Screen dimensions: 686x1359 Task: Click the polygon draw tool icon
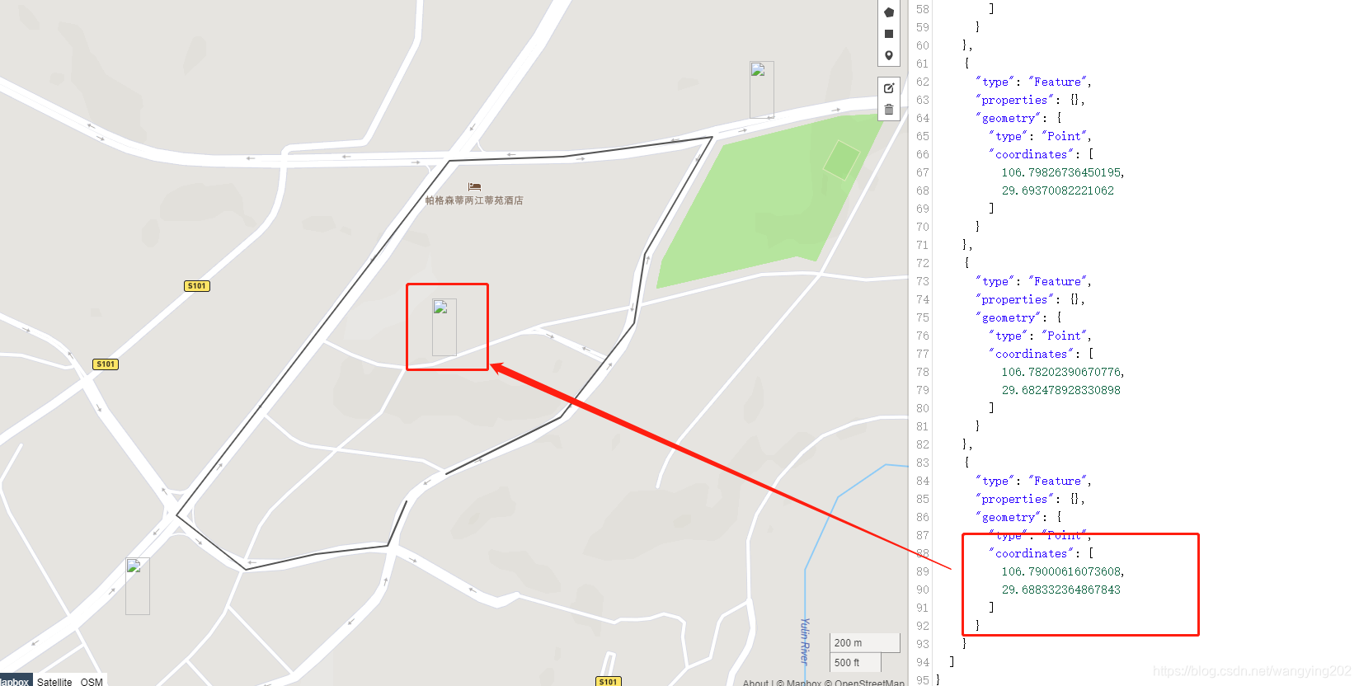(889, 12)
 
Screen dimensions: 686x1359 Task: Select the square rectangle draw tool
(889, 34)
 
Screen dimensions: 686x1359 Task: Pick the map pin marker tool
(889, 56)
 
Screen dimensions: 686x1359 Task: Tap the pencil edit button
(889, 88)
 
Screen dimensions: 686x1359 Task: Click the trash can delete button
(889, 110)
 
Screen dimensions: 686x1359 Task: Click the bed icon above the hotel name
(474, 187)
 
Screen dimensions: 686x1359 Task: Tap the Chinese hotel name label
(474, 200)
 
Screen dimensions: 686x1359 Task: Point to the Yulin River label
(805, 641)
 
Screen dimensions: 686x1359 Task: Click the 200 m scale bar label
(849, 643)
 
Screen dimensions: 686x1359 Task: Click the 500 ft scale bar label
(847, 663)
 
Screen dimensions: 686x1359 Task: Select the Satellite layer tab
(54, 682)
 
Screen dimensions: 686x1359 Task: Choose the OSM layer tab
(92, 682)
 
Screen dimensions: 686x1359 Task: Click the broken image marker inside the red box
(444, 327)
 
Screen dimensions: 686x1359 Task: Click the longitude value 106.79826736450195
(1062, 172)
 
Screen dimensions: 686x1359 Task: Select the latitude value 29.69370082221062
(1057, 190)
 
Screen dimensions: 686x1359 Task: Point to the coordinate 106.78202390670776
(1062, 372)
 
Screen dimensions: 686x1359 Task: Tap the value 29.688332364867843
(1060, 590)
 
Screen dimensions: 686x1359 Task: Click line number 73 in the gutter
(922, 281)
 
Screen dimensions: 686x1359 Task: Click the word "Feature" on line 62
(1058, 82)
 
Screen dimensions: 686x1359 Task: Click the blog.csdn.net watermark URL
(1252, 671)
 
